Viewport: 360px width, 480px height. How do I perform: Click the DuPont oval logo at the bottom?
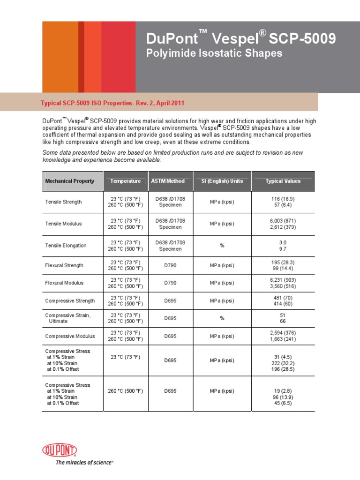coord(60,451)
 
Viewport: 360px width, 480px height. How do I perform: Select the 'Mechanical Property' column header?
coord(69,181)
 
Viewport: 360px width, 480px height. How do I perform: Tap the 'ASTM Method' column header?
coord(168,181)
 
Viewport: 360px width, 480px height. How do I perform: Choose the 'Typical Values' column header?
coord(283,181)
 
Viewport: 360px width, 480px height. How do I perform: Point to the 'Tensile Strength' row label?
coord(63,202)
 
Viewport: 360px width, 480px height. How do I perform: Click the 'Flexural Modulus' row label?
coord(64,283)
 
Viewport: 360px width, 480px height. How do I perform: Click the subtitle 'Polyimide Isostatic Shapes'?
coord(215,53)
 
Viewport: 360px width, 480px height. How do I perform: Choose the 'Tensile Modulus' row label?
coord(63,224)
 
